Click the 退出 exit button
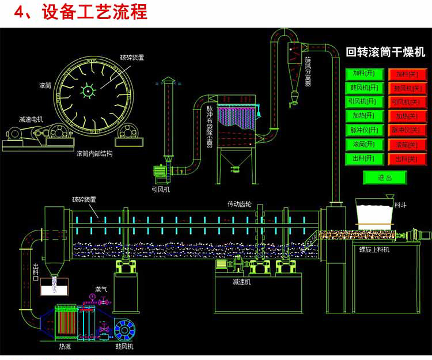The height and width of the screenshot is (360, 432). coord(384,177)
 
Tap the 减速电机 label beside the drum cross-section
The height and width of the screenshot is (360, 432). coord(31,119)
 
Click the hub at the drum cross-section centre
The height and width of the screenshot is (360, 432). coord(86,90)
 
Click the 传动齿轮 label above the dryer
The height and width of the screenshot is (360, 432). coord(239,204)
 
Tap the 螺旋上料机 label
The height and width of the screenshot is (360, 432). coord(374,249)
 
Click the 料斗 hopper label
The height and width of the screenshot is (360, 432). coord(401,204)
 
